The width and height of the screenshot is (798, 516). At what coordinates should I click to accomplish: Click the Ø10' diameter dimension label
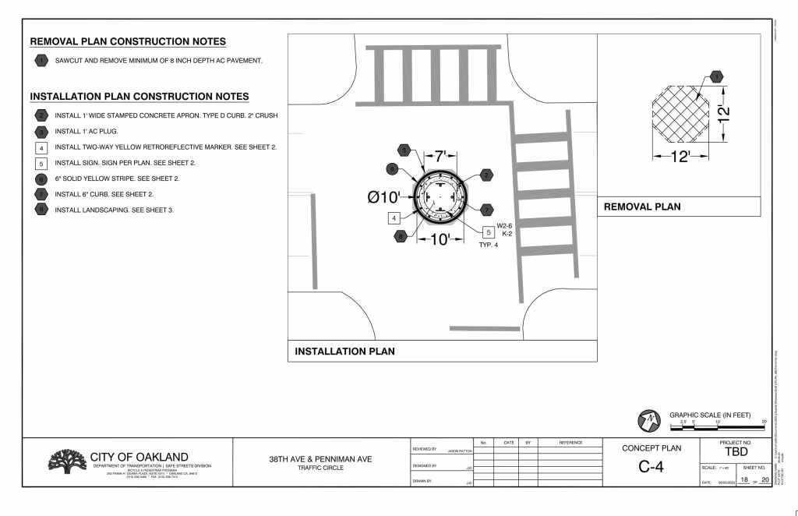tap(384, 198)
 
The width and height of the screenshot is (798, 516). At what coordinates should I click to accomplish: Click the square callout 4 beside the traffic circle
tap(395, 218)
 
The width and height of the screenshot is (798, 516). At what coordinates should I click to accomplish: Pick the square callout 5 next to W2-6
tap(489, 232)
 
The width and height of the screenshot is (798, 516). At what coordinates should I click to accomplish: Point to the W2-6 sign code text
tap(504, 226)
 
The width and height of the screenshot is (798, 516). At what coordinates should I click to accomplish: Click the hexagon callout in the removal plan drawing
tap(715, 76)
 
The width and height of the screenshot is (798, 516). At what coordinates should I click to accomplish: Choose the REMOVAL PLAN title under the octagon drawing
tap(642, 207)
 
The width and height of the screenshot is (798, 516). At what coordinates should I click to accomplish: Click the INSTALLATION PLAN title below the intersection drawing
tap(344, 352)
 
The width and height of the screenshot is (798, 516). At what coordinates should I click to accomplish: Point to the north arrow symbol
tap(649, 420)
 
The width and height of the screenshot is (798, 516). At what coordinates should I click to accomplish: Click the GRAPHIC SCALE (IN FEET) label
tap(718, 415)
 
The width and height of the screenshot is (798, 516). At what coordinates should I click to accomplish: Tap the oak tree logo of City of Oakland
tap(68, 461)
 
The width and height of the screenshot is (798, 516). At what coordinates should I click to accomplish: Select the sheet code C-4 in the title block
tap(650, 467)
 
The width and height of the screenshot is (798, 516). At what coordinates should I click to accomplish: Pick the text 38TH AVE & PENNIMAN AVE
tap(320, 459)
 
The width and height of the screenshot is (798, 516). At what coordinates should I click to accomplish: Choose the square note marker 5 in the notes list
tap(41, 164)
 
